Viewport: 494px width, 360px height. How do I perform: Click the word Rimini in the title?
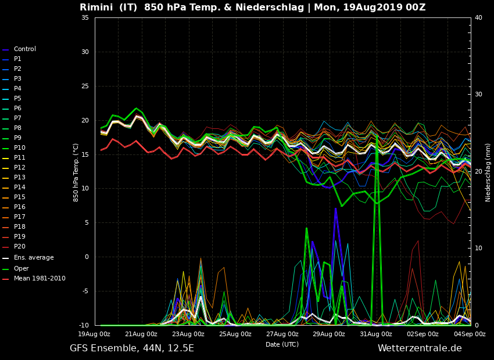96,8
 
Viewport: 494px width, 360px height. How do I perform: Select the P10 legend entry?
19,148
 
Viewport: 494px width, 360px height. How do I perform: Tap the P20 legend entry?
19,247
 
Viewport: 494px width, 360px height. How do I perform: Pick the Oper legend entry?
21,269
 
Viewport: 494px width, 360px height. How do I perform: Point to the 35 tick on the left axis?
85,18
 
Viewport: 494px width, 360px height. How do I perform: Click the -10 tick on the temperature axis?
83,325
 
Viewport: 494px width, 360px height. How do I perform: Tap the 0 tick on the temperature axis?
87,257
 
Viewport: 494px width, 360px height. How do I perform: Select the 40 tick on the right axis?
478,18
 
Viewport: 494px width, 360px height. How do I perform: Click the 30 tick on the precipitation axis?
478,95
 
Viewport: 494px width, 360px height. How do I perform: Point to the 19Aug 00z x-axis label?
94,334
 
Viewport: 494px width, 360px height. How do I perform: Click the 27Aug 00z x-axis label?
282,334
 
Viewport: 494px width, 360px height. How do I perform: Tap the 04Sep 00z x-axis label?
470,334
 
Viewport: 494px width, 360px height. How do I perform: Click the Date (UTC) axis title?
282,345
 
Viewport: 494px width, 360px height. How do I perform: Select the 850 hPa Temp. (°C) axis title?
76,172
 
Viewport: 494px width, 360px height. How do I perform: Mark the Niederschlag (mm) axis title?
488,172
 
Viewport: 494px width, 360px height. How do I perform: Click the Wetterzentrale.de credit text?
420,348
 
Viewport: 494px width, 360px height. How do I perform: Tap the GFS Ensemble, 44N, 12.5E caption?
132,348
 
